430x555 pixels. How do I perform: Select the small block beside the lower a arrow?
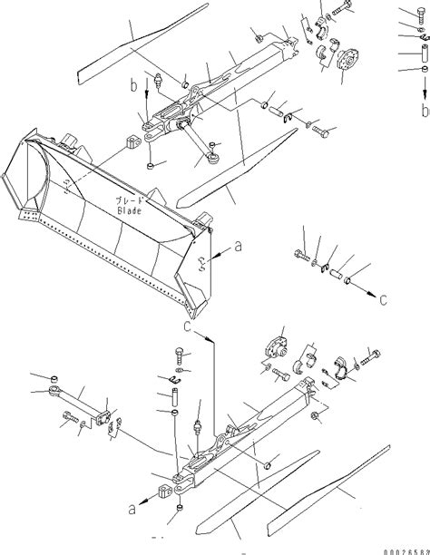(164, 494)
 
